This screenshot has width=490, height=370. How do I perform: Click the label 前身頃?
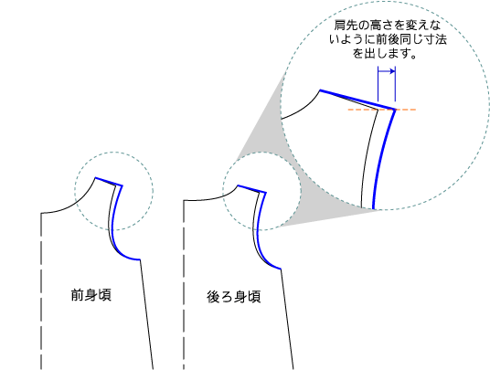(x=91, y=295)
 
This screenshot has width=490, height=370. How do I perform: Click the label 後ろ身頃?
(x=233, y=297)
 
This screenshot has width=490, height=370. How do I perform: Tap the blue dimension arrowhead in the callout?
(x=392, y=71)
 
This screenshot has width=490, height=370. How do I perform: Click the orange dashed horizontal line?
(x=382, y=110)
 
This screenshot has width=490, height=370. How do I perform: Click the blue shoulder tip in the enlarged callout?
(x=395, y=110)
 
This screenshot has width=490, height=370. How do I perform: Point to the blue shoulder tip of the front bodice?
(x=122, y=186)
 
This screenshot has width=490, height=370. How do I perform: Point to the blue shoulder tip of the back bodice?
(x=266, y=193)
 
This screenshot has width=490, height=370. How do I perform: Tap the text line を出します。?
(x=385, y=53)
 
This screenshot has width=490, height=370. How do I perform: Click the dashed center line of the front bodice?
(x=41, y=291)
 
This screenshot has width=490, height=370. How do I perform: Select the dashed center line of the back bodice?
(x=184, y=285)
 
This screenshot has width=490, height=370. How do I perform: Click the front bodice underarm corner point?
(x=140, y=259)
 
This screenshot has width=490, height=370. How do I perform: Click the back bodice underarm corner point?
(x=281, y=269)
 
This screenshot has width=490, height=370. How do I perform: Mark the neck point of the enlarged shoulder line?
(x=320, y=90)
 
